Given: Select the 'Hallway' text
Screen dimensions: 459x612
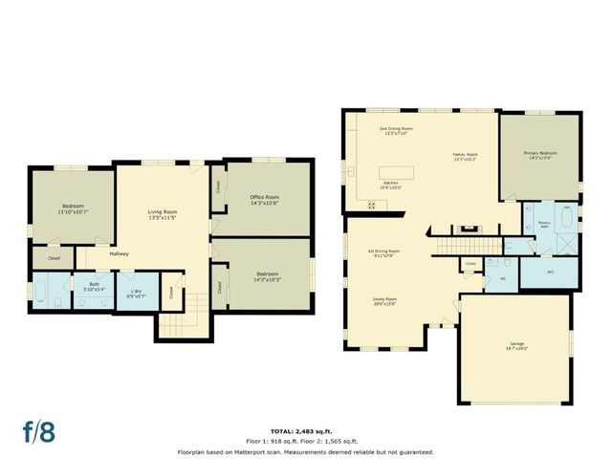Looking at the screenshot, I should click(119, 253).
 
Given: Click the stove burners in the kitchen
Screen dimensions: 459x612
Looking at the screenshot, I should click(372, 205).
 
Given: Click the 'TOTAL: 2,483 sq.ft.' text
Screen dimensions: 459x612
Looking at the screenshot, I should click(306, 432).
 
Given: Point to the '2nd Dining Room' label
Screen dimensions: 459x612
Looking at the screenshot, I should click(395, 129).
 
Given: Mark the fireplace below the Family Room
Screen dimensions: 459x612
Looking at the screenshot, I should click(468, 228).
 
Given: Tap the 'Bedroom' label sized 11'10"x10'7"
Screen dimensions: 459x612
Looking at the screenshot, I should click(74, 208).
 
